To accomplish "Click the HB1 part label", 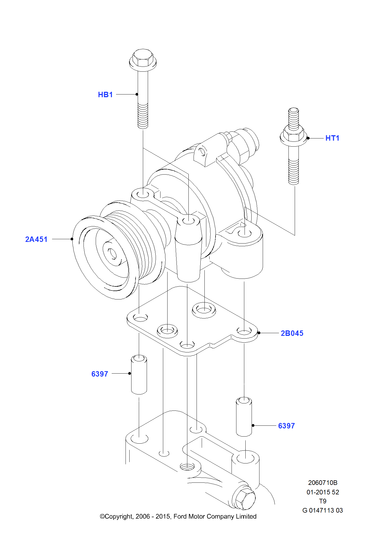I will [x=105, y=94].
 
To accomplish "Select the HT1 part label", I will [x=332, y=138].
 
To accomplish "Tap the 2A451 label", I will [x=36, y=239].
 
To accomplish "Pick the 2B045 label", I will [x=292, y=333].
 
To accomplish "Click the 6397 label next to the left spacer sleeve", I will [x=99, y=374].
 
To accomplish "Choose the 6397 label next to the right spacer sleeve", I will [x=286, y=426].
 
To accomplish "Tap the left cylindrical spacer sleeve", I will [x=139, y=375].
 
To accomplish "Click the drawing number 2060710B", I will [x=323, y=483].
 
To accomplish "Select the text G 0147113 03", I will [x=322, y=510].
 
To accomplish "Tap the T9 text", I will [x=323, y=501].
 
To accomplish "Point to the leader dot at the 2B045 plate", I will [x=259, y=333].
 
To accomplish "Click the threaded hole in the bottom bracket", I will [x=187, y=467].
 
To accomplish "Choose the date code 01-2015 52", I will [x=323, y=492].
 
